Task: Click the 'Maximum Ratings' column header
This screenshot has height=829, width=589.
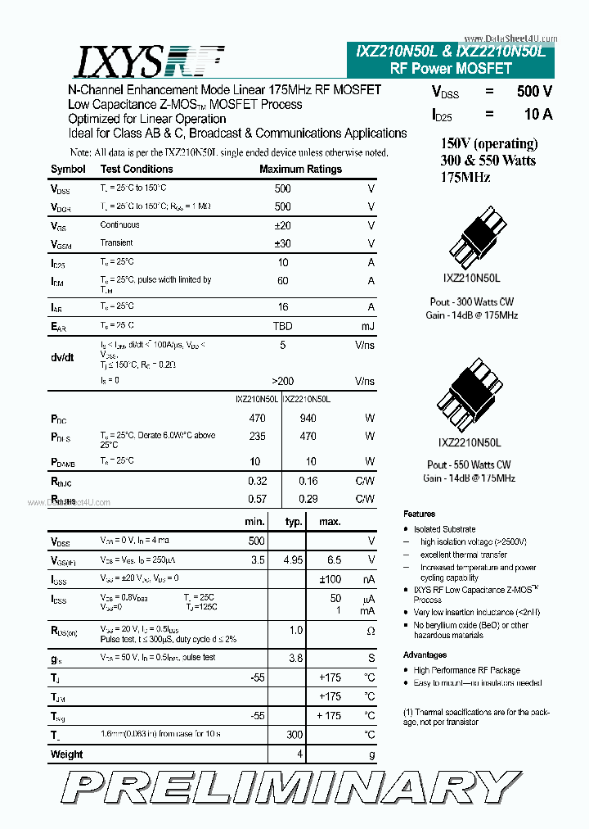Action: click(x=300, y=170)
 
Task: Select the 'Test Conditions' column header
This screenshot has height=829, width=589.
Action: click(x=137, y=170)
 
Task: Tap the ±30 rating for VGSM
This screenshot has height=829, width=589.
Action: click(x=282, y=243)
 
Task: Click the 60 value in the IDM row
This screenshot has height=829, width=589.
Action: click(x=283, y=281)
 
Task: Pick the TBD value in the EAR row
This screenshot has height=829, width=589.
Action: click(x=282, y=326)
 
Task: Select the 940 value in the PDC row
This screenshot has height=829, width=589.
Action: click(x=308, y=419)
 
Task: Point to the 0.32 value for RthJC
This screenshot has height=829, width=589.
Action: click(x=258, y=481)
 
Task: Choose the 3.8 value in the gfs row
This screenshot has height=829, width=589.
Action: click(x=295, y=658)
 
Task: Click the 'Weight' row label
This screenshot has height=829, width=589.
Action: click(x=67, y=754)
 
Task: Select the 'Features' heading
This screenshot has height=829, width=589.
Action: click(x=420, y=514)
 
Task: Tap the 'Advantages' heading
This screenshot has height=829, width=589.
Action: click(x=425, y=655)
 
